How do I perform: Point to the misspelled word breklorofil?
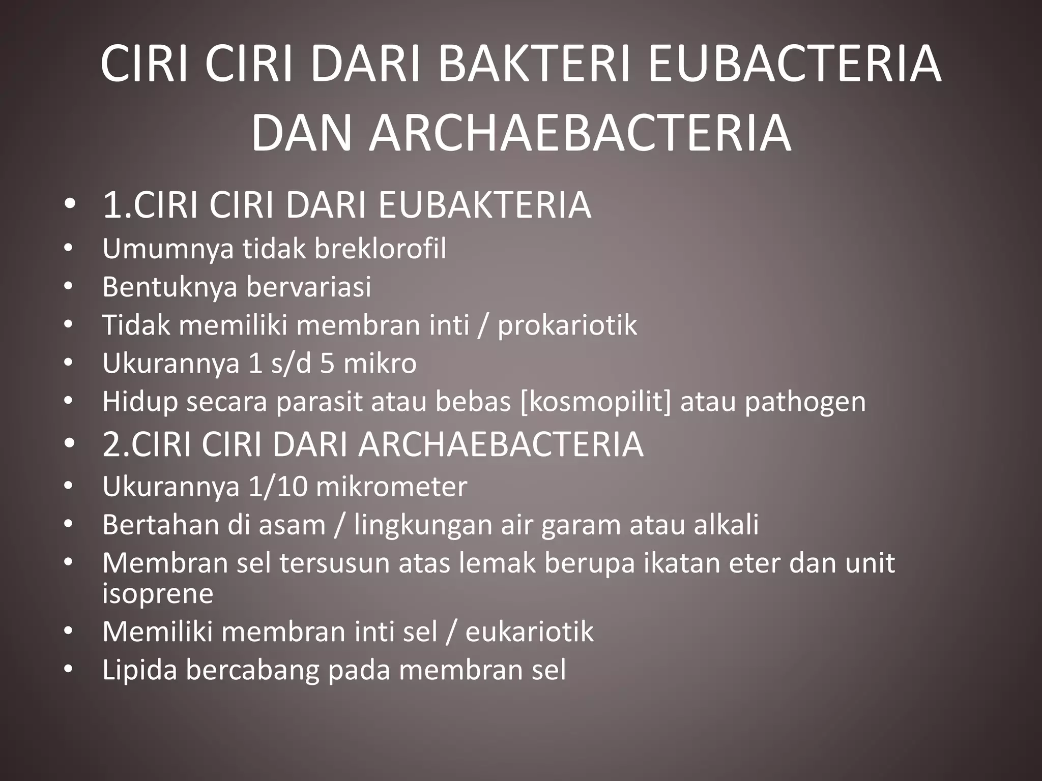point(380,249)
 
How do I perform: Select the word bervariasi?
point(309,287)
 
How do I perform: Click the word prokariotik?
point(567,325)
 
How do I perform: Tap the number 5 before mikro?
point(327,364)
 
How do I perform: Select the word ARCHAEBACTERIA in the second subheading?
point(501,444)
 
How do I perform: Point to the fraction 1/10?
point(278,487)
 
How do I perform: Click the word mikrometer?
point(391,487)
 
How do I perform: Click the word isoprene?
point(158,594)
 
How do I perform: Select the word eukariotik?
point(529,632)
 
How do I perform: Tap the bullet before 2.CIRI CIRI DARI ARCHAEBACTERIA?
point(70,444)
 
